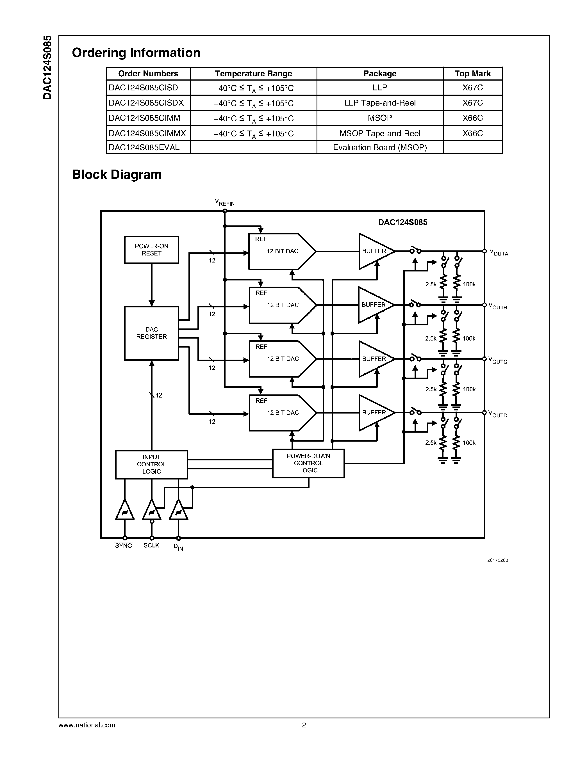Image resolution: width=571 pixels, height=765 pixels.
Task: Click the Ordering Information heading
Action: coord(136,53)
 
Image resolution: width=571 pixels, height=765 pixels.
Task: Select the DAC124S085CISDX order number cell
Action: coord(146,103)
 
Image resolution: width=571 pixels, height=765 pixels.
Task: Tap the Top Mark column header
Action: coord(472,74)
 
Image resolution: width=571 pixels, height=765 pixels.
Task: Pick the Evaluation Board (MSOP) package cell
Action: coord(379,148)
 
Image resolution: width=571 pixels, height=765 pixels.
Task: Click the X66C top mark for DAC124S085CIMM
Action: coord(472,118)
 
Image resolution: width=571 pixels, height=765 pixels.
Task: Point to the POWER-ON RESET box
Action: coord(151,250)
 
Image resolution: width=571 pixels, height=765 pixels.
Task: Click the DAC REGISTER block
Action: coord(151,333)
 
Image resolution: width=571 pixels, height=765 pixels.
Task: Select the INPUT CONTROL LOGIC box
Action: coord(151,464)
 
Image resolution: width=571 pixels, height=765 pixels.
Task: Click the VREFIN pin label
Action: coord(224,202)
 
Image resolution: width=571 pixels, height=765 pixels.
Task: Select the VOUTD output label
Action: coord(498,414)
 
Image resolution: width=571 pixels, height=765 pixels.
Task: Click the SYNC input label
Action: coord(123,545)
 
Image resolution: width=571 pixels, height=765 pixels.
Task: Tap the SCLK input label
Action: coord(151,545)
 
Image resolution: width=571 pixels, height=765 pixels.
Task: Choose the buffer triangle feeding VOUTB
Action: coord(374,305)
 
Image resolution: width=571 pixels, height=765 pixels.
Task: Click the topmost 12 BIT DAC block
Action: coord(282,251)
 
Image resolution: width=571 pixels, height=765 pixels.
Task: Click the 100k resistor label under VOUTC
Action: coord(469,389)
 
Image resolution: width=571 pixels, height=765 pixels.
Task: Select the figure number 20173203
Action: coord(497,560)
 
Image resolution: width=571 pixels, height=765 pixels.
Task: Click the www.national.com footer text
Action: coord(87,725)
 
